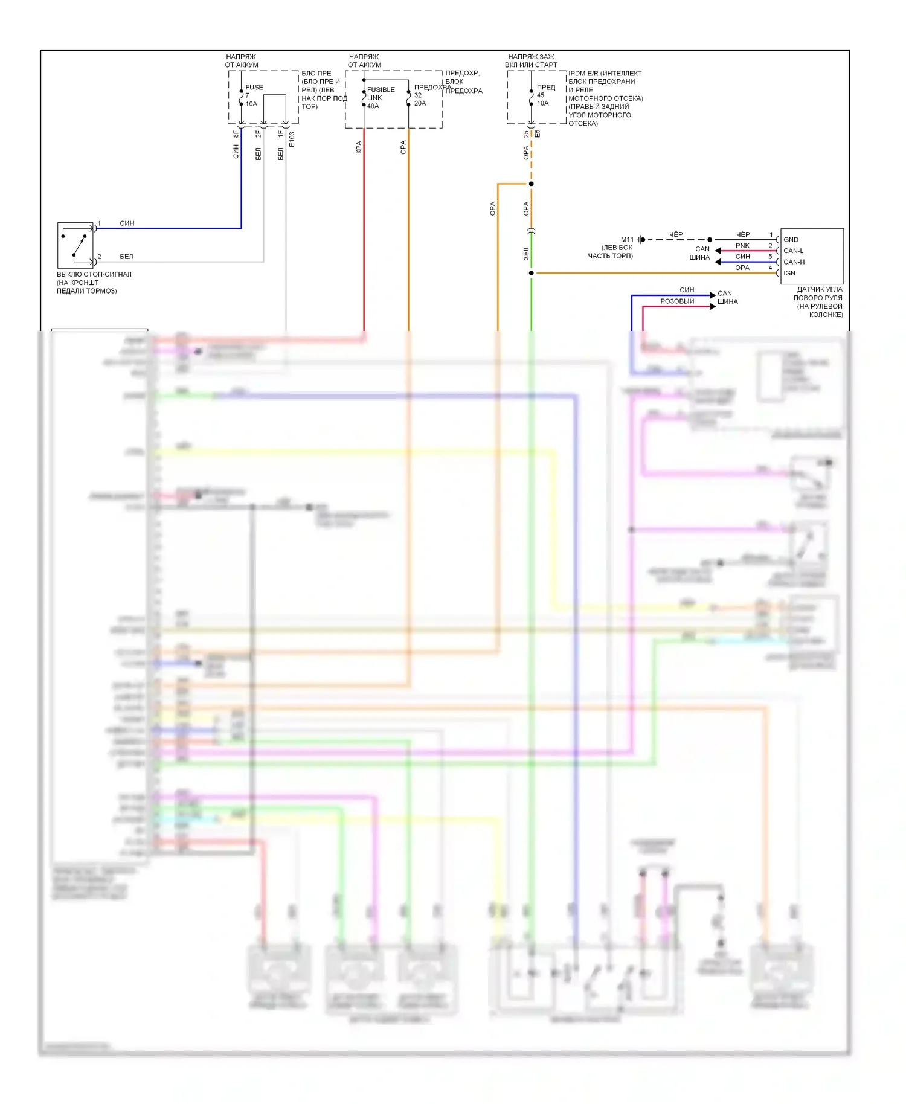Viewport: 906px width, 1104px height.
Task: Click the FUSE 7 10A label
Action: pyautogui.click(x=254, y=95)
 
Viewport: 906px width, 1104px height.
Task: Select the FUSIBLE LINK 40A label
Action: pyautogui.click(x=381, y=98)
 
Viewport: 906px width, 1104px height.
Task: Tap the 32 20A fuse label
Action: pyautogui.click(x=420, y=99)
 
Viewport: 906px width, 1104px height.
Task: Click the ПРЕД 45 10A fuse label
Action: pyautogui.click(x=545, y=95)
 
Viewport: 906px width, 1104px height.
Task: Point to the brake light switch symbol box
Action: pyautogui.click(x=75, y=245)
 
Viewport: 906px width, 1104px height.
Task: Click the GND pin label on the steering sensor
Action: pyautogui.click(x=791, y=240)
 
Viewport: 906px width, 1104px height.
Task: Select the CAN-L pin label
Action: pyautogui.click(x=793, y=251)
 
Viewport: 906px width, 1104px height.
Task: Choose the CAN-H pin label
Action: pyautogui.click(x=794, y=262)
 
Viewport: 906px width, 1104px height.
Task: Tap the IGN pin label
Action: pyautogui.click(x=789, y=273)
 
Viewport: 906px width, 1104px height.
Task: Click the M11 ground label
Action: pyautogui.click(x=627, y=240)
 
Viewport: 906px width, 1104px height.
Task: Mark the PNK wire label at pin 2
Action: pyautogui.click(x=742, y=246)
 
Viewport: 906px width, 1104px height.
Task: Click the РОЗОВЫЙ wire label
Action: pyautogui.click(x=677, y=301)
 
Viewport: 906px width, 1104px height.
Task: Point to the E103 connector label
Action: pyautogui.click(x=292, y=140)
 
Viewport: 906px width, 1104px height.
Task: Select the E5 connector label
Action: pyautogui.click(x=537, y=133)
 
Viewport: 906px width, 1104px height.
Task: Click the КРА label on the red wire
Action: pyautogui.click(x=359, y=147)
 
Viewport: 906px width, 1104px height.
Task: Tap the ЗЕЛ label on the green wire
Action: pyautogui.click(x=526, y=254)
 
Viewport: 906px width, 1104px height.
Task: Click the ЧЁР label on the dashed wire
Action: pyautogui.click(x=676, y=234)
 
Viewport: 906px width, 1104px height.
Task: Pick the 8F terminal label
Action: pyautogui.click(x=236, y=134)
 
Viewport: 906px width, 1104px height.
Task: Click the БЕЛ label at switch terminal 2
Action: pyautogui.click(x=126, y=257)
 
